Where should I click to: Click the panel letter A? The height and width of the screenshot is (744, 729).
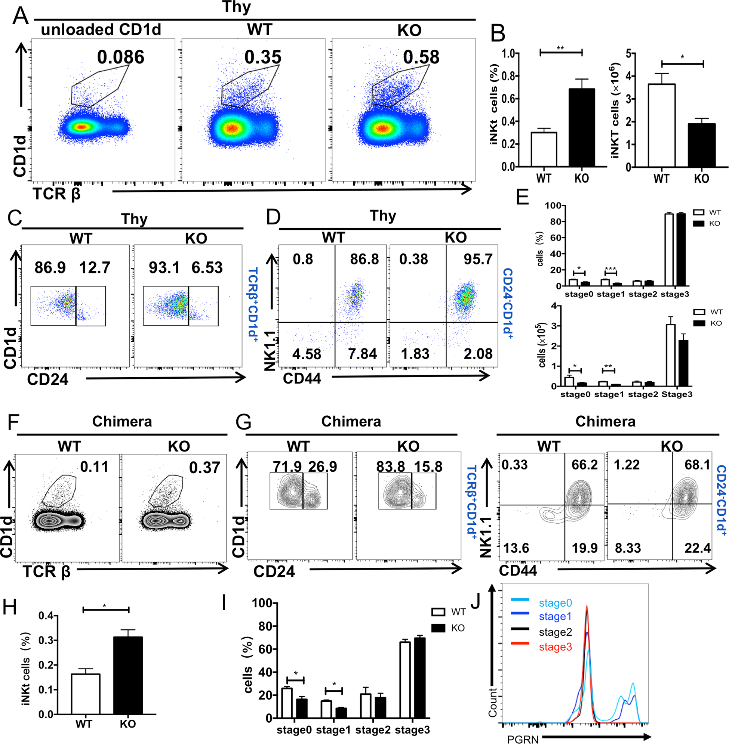pyautogui.click(x=20, y=16)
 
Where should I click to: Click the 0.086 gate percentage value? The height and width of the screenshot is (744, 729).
pyautogui.click(x=121, y=57)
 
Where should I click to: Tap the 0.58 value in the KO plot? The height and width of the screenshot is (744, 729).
pyautogui.click(x=421, y=57)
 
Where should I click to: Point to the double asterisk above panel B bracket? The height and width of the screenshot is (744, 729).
pyautogui.click(x=560, y=48)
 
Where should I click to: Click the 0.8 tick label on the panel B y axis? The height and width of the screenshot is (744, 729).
pyautogui.click(x=508, y=76)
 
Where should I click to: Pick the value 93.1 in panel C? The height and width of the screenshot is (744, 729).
pyautogui.click(x=164, y=268)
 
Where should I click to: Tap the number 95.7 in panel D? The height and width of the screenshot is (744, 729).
pyautogui.click(x=477, y=259)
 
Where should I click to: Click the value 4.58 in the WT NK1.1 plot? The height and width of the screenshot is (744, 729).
pyautogui.click(x=307, y=354)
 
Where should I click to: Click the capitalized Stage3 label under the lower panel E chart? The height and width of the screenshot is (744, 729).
pyautogui.click(x=677, y=394)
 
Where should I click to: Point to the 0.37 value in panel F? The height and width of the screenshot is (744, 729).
pyautogui.click(x=204, y=468)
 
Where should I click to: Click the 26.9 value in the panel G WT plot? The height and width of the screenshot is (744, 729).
pyautogui.click(x=322, y=466)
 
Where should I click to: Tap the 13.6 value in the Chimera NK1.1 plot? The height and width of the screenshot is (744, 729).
pyautogui.click(x=516, y=548)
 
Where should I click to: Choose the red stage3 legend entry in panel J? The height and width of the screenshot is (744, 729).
pyautogui.click(x=555, y=647)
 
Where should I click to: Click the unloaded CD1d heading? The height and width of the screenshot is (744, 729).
pyautogui.click(x=101, y=30)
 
